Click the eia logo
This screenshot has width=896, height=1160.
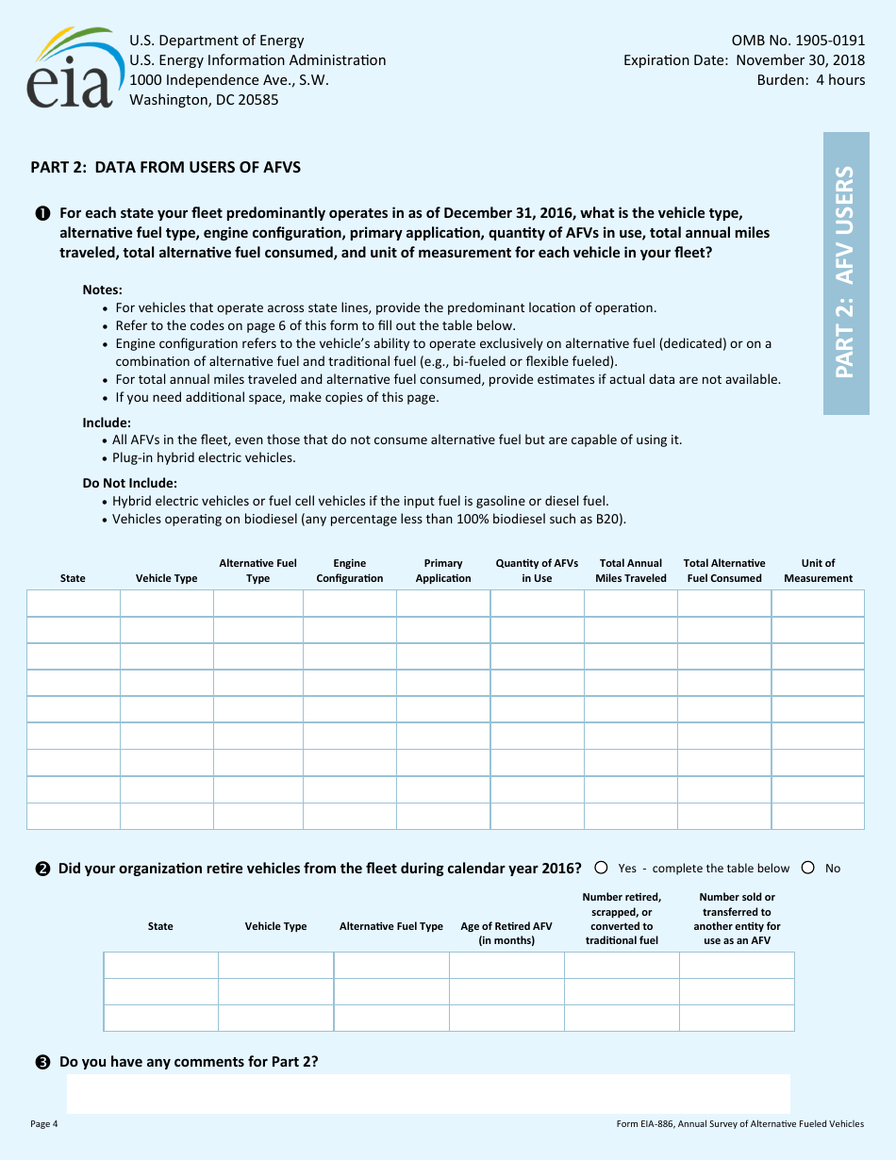point(71,68)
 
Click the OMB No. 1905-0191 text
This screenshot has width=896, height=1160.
point(798,41)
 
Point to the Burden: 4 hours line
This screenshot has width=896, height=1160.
point(810,80)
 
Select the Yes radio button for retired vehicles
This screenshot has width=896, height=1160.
point(601,868)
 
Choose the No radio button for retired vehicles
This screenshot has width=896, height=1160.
point(808,868)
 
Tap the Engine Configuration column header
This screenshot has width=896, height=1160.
point(349,571)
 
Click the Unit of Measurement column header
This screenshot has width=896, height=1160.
point(818,571)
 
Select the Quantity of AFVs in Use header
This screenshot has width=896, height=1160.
point(537,571)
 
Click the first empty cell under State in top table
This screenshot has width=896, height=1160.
point(74,604)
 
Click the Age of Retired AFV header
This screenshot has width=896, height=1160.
point(506,933)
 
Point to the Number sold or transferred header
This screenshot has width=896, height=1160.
point(737,919)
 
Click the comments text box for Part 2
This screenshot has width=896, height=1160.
point(428,1093)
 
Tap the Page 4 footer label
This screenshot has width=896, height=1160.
point(44,1123)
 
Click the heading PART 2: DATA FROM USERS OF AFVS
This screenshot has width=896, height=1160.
point(166,168)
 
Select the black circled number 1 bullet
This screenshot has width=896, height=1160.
point(42,214)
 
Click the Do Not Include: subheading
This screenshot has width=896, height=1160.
point(130,483)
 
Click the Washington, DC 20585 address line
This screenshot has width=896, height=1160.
point(204,100)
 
